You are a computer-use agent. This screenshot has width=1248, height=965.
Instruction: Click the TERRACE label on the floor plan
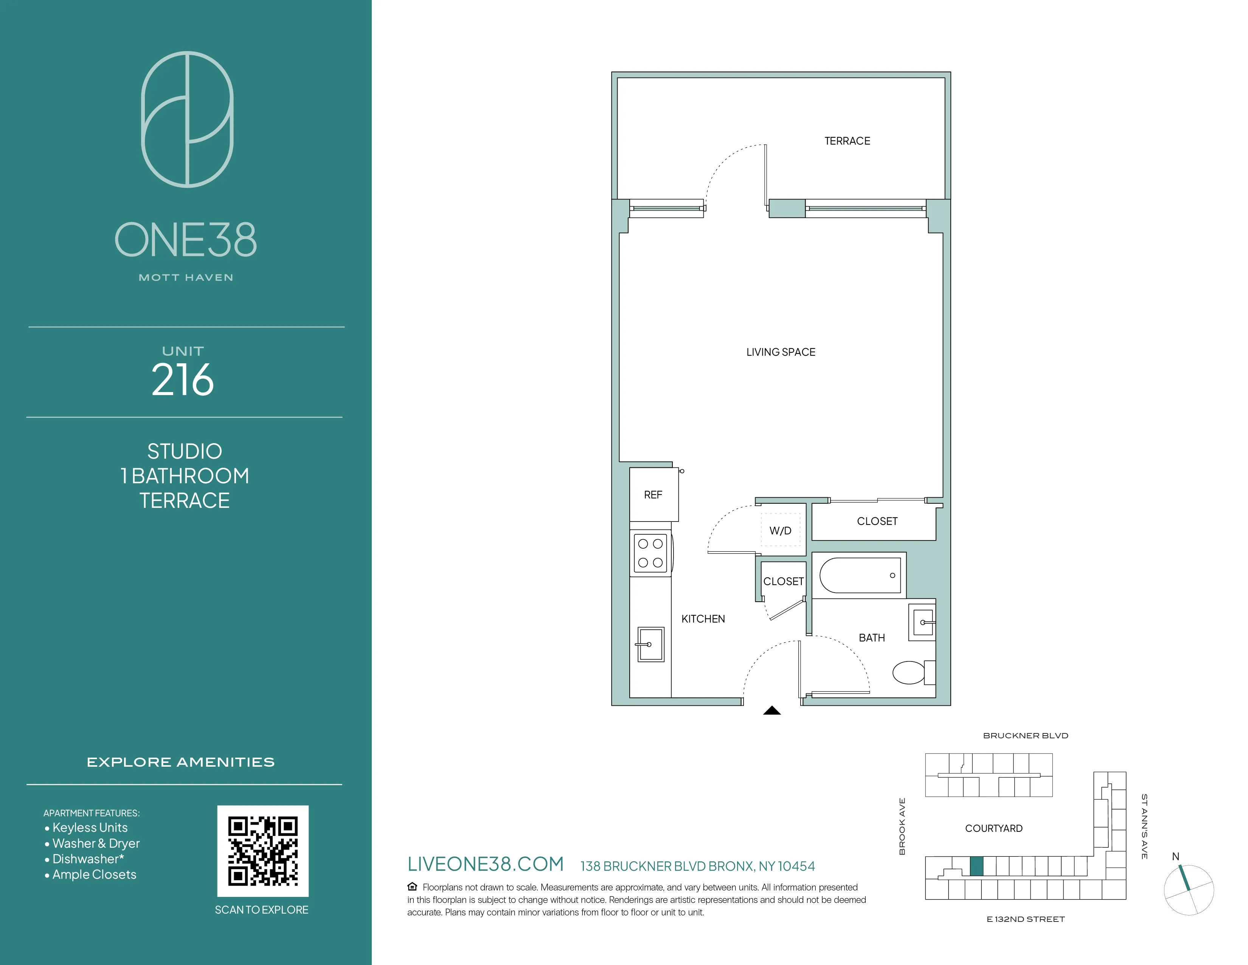point(847,141)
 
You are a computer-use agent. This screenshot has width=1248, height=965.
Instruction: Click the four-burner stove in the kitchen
point(650,553)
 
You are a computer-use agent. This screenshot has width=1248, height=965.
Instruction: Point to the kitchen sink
point(651,644)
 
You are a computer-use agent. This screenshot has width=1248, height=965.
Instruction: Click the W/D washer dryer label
point(780,531)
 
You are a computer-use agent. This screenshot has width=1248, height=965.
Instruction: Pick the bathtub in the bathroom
point(860,575)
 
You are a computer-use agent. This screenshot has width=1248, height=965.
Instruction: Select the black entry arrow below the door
point(772,711)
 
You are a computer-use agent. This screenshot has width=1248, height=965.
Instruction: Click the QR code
point(263,851)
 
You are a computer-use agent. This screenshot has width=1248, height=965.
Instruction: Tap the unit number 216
point(183,380)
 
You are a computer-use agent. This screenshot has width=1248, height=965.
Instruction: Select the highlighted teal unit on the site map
point(976,866)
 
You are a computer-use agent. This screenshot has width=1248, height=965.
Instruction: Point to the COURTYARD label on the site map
point(994,828)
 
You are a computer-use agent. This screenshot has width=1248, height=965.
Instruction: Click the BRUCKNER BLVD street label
point(1025,736)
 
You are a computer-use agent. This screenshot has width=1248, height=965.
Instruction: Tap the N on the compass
point(1175,856)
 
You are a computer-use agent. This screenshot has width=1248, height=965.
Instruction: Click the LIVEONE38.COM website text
point(486,864)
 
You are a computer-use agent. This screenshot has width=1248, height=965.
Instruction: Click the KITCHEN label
point(703,619)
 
